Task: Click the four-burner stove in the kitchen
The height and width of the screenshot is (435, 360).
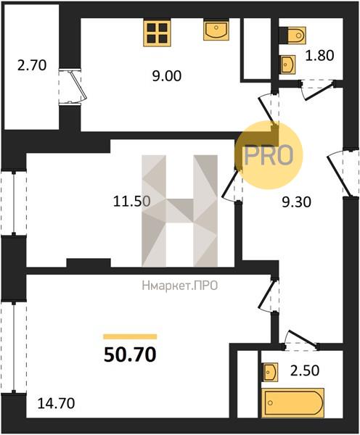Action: click(x=157, y=33)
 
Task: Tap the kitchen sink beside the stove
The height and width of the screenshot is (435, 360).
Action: click(x=216, y=30)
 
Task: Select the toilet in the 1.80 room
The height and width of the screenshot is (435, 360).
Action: click(x=292, y=36)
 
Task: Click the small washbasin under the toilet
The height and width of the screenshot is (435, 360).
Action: click(x=287, y=65)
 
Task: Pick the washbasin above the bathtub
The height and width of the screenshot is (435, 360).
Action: click(x=271, y=372)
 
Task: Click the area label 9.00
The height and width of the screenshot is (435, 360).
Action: click(x=167, y=76)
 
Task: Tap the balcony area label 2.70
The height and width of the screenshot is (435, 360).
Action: click(x=32, y=66)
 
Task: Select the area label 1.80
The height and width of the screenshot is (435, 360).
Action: click(x=320, y=56)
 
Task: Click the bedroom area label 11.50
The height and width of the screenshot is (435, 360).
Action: click(x=132, y=201)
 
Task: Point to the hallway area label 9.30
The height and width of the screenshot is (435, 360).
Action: click(x=297, y=202)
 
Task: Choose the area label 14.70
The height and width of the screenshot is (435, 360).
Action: click(x=56, y=403)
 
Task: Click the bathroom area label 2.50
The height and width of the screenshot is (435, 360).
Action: click(x=305, y=371)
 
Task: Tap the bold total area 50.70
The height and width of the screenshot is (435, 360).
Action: click(x=130, y=355)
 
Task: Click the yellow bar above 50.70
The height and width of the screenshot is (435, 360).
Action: click(x=130, y=336)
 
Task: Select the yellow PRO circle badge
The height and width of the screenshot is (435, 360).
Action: click(x=268, y=155)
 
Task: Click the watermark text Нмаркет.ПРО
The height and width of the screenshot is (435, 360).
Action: click(x=179, y=286)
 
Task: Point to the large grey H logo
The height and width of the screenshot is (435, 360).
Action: click(x=179, y=211)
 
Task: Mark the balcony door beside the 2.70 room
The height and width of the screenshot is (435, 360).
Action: click(x=73, y=86)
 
